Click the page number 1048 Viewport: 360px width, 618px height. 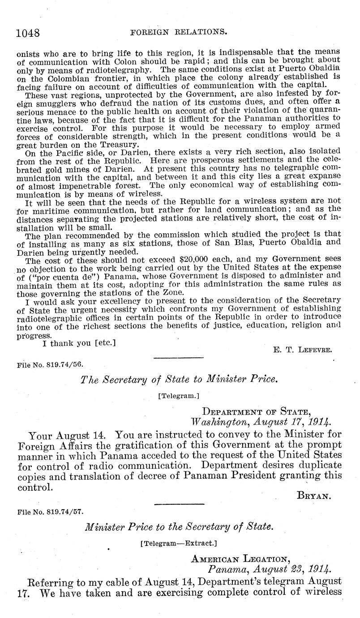click(28, 33)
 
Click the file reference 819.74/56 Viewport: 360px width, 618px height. click(50, 365)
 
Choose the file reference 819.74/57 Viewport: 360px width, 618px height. click(50, 510)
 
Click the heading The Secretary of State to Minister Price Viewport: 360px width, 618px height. click(180, 380)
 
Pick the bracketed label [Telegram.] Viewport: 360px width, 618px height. click(179, 396)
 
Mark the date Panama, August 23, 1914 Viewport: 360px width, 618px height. click(270, 569)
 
